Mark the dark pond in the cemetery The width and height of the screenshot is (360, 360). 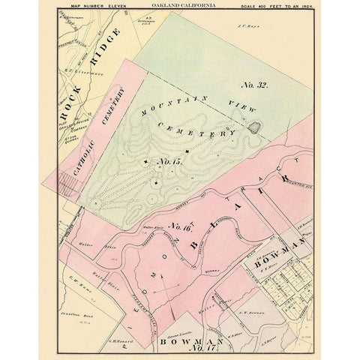254,127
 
